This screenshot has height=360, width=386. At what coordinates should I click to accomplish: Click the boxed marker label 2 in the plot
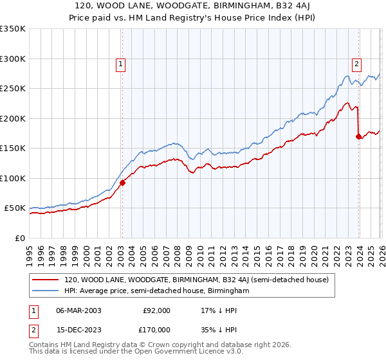[356, 63]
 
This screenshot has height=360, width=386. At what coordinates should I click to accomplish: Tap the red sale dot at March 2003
[122, 183]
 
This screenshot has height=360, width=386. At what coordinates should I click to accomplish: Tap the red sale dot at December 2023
[359, 136]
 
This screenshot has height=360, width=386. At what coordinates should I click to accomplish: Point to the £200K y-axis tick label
[13, 118]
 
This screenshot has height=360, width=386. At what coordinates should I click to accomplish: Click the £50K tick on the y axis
[15, 208]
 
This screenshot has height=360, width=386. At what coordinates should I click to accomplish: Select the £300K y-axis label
[13, 59]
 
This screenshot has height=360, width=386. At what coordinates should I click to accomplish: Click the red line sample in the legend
[46, 280]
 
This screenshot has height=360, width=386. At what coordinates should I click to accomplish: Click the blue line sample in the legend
[46, 291]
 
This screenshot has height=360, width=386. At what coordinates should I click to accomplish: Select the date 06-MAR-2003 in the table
[78, 310]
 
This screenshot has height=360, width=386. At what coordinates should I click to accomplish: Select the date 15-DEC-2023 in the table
[78, 330]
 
